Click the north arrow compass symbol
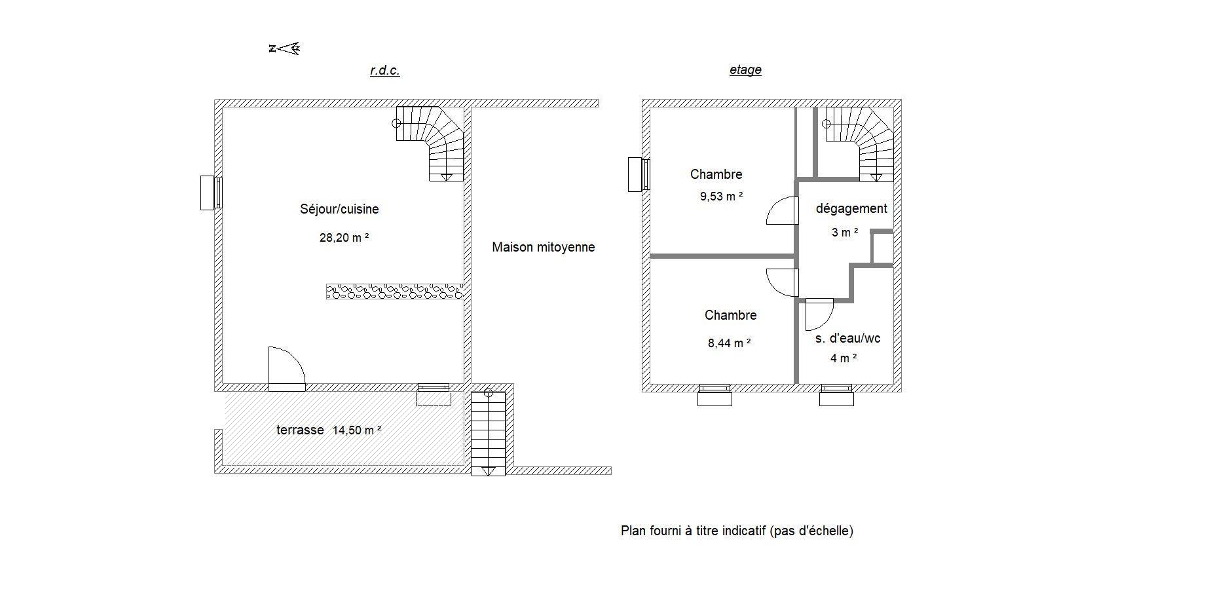pyautogui.click(x=284, y=48)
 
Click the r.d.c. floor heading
pyautogui.click(x=384, y=70)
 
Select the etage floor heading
pyautogui.click(x=745, y=69)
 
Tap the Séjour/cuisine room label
pyautogui.click(x=339, y=209)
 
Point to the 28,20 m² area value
pyautogui.click(x=344, y=237)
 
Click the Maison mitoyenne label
pyautogui.click(x=544, y=247)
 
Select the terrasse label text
pyautogui.click(x=300, y=430)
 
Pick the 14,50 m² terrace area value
pyautogui.click(x=357, y=430)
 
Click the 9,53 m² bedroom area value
pyautogui.click(x=721, y=196)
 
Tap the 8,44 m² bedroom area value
pyautogui.click(x=729, y=343)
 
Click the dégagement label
pyautogui.click(x=851, y=208)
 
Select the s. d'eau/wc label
pyautogui.click(x=847, y=338)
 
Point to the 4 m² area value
pyautogui.click(x=844, y=358)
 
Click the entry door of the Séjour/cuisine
pyautogui.click(x=287, y=369)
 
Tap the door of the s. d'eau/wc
pyautogui.click(x=819, y=314)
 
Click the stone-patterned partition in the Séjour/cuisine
pyautogui.click(x=395, y=292)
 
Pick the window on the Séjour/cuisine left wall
pyautogui.click(x=212, y=193)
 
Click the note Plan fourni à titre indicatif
pyautogui.click(x=737, y=531)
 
